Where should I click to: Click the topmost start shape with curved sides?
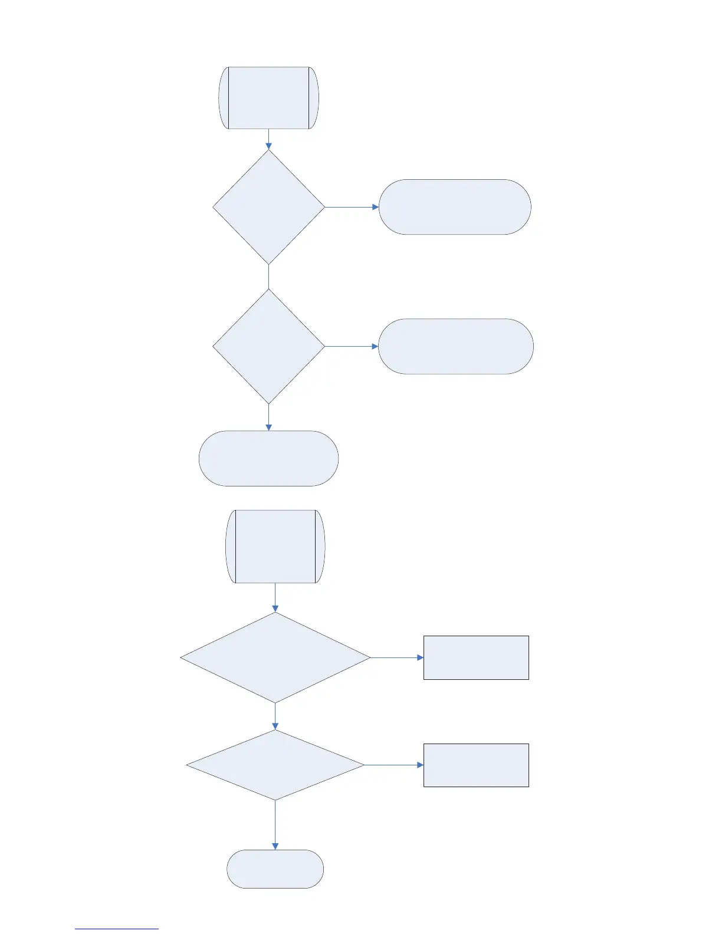coord(268,98)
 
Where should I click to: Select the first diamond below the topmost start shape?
coord(268,207)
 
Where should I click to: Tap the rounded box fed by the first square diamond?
coord(455,207)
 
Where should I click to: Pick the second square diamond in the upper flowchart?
coord(268,346)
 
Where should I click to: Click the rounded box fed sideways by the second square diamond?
coord(455,346)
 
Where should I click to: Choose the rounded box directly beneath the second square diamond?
coord(268,458)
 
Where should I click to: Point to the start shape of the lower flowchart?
coord(275,547)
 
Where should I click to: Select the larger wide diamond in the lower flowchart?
coord(275,657)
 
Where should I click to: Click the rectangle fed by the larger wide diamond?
coord(476,657)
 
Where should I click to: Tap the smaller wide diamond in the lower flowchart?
coord(275,765)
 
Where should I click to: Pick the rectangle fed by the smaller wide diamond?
coord(476,765)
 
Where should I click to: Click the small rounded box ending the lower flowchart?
coord(275,869)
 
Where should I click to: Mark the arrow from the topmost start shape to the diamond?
coord(268,139)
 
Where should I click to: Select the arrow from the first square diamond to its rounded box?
coord(352,207)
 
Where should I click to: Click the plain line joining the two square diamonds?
coord(268,276)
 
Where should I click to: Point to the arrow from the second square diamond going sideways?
coord(352,346)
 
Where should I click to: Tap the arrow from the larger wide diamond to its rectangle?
coord(397,657)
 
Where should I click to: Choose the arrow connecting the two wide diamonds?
coord(275,716)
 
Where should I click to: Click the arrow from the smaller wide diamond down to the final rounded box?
coord(275,825)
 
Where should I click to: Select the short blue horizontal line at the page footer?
coord(117,929)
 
